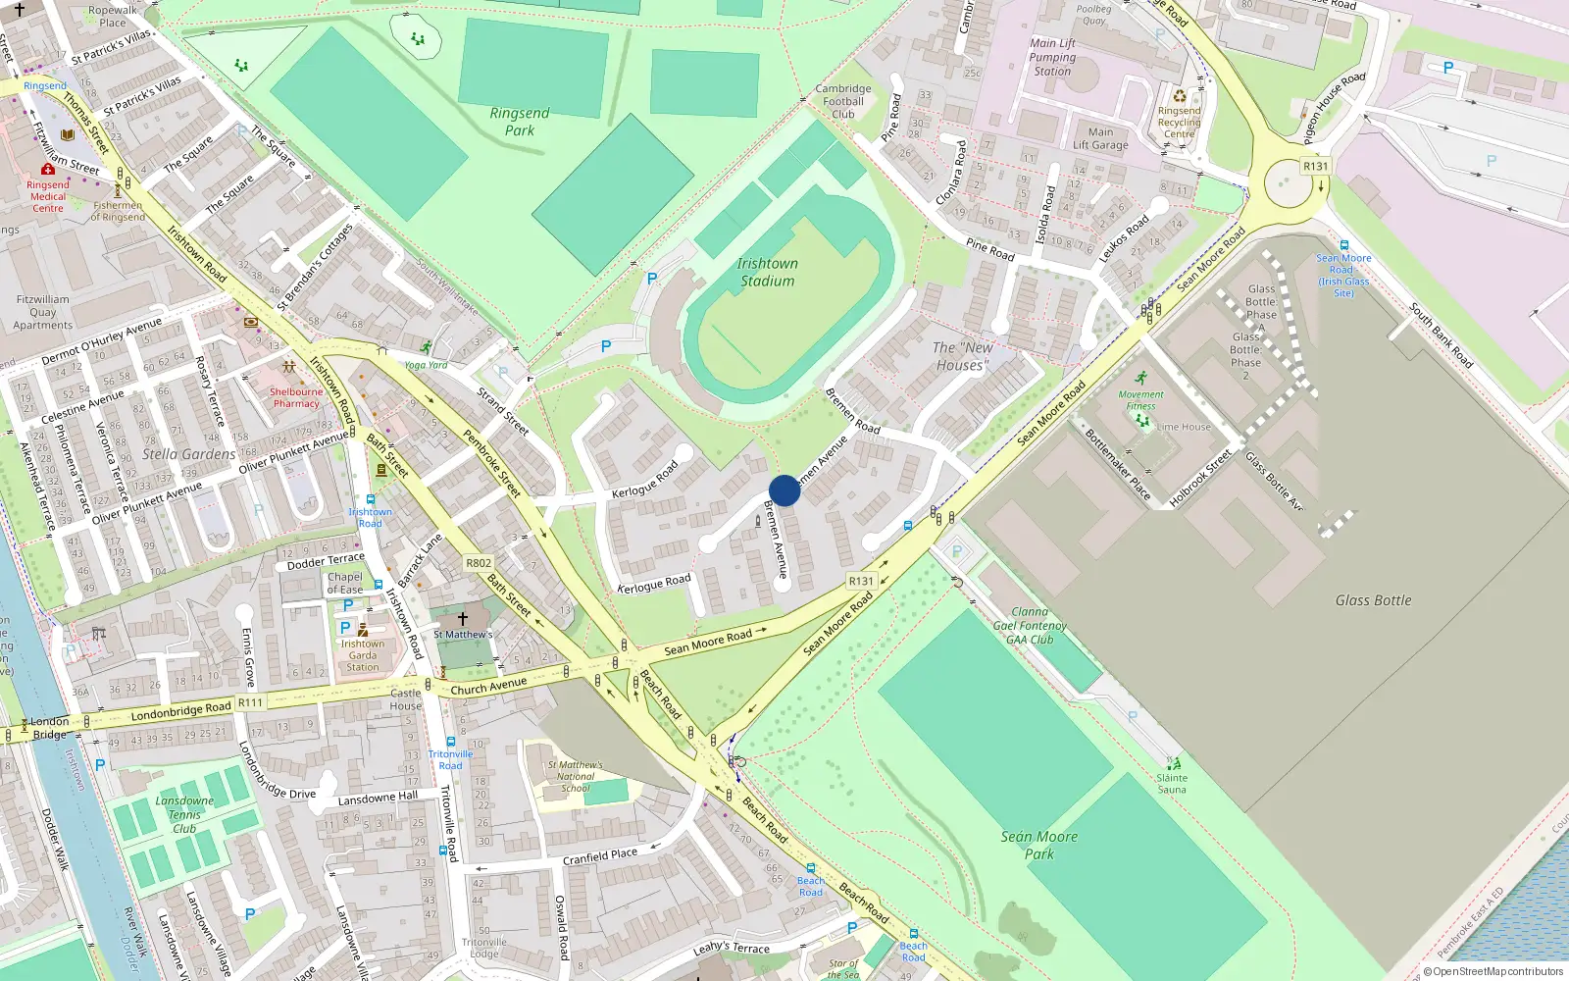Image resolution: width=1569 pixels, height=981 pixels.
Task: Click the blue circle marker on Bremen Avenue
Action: (784, 490)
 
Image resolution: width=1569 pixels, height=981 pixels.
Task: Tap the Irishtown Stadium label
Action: (767, 273)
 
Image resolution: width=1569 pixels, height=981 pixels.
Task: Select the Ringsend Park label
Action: (520, 122)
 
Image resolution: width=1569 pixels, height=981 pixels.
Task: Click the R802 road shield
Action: (479, 563)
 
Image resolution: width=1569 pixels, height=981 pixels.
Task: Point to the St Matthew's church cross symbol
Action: (463, 618)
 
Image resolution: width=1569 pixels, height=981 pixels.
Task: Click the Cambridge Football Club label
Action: (843, 101)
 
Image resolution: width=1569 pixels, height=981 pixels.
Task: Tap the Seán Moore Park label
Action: (1039, 845)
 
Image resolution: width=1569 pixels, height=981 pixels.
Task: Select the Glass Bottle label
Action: (1373, 600)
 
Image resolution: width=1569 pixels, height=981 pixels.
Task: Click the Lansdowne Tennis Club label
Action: (184, 814)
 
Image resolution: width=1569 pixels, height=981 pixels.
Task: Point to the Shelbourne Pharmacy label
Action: (296, 397)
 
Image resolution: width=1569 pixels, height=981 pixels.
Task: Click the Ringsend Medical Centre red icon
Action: (47, 170)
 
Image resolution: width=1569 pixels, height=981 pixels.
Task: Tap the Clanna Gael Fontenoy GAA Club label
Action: (1030, 626)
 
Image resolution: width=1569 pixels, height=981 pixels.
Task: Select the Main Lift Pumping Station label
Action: (1052, 57)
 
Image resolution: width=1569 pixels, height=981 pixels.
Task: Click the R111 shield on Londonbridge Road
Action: (250, 702)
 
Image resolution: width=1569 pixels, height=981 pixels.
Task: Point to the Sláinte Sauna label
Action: (1172, 784)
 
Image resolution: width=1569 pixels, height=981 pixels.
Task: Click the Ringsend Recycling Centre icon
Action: (1180, 96)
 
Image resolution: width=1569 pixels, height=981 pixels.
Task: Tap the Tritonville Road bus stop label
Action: (450, 759)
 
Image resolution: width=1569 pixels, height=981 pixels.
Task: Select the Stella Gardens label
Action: (188, 454)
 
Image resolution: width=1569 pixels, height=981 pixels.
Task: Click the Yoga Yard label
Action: (426, 365)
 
